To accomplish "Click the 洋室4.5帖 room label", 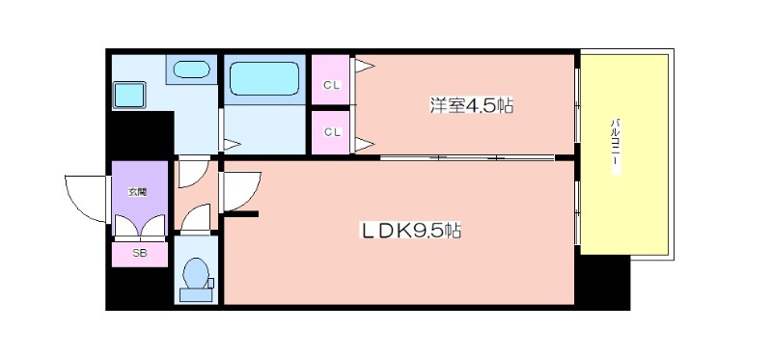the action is click(472, 106).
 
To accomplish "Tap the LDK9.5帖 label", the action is click(412, 231).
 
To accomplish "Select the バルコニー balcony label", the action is click(616, 147).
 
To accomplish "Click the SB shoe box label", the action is click(139, 254).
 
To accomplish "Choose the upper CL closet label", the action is click(331, 85).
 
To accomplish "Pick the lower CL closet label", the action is click(331, 132).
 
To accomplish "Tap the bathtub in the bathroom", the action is click(264, 78).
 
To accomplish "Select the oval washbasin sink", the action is click(191, 69).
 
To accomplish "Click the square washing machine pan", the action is click(129, 95).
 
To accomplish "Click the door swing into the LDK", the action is click(240, 191).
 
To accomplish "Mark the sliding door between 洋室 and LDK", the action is click(468, 158).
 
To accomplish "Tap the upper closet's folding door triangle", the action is click(365, 66).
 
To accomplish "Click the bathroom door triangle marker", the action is click(232, 145).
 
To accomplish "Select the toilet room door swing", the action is click(197, 218).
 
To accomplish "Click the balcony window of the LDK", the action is click(577, 212).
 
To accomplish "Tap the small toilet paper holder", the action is click(210, 283).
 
